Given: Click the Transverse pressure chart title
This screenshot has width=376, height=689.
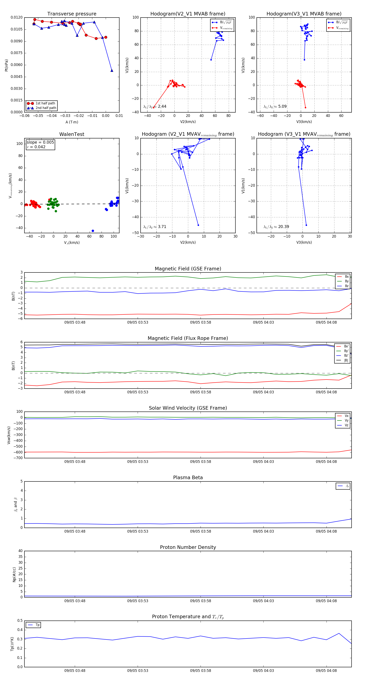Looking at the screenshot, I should tap(72, 14).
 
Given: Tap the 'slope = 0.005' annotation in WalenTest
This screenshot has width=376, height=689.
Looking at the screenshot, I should tap(40, 142).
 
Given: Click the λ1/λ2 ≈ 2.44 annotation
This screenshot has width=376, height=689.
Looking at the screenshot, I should tap(155, 106).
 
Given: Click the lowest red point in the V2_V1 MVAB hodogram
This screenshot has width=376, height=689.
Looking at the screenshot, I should tap(154, 108).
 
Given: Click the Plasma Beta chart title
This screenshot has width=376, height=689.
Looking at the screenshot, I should tap(188, 478).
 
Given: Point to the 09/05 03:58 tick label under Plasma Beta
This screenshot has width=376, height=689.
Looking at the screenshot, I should tap(201, 531).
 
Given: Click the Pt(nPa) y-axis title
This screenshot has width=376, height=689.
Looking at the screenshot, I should tap(6, 65).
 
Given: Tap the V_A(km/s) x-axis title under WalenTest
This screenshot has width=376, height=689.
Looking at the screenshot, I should tap(72, 243).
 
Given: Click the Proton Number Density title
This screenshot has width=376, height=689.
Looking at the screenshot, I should tap(188, 547).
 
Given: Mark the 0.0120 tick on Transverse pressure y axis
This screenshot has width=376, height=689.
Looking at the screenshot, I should tap(17, 18).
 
